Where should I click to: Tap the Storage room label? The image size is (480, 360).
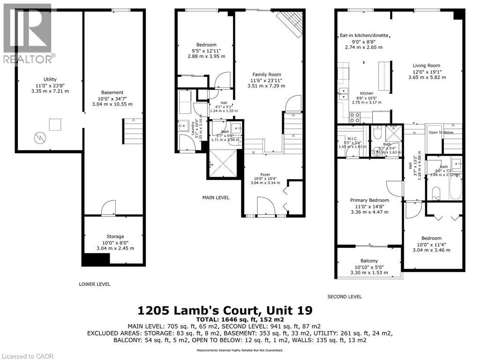point(115,236)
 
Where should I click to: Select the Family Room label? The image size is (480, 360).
point(267,75)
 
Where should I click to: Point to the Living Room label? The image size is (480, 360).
point(426,66)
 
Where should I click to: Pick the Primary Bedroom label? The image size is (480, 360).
point(369,200)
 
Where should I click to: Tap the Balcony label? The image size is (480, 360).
point(369,261)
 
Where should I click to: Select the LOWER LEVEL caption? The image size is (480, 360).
point(95,284)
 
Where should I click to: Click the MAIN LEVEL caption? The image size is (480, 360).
point(216,198)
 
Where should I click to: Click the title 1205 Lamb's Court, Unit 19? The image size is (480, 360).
point(225,310)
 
